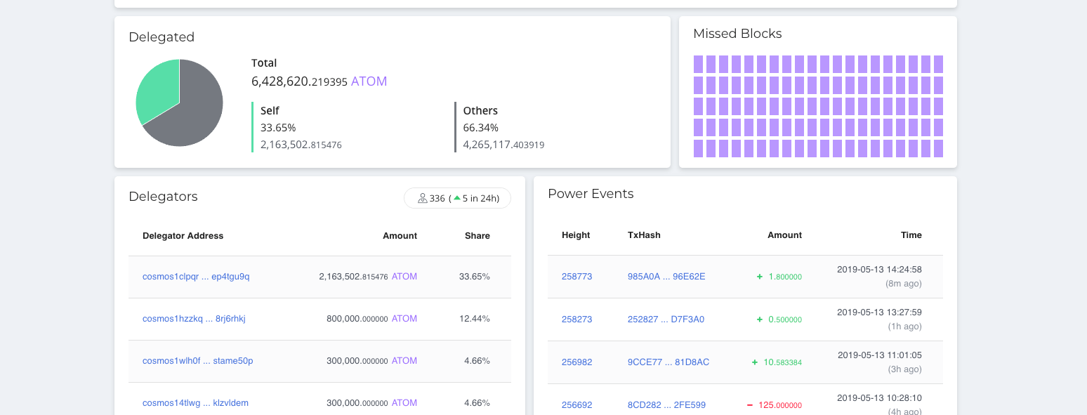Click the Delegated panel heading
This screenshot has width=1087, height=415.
click(x=162, y=37)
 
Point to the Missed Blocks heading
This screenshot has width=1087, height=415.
click(x=737, y=34)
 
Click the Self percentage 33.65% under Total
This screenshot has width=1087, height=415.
click(x=278, y=128)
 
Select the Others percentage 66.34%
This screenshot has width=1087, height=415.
click(x=480, y=128)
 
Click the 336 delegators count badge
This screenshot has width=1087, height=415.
click(x=457, y=199)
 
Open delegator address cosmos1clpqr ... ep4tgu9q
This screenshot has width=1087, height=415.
click(x=196, y=277)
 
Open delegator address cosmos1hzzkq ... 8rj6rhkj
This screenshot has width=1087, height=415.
click(x=194, y=319)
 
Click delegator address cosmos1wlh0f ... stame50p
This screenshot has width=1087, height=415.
click(x=197, y=361)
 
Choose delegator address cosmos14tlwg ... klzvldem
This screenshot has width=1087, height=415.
click(x=195, y=403)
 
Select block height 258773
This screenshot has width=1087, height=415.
click(x=577, y=277)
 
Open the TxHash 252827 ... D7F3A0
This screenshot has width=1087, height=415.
click(x=666, y=320)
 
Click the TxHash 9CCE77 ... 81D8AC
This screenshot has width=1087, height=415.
click(x=668, y=362)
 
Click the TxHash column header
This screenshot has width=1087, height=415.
click(x=644, y=235)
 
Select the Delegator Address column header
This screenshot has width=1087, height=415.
click(x=183, y=236)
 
